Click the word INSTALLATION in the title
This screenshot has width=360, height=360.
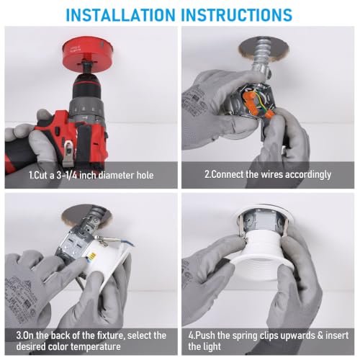121,15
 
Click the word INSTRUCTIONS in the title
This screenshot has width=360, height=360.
237,15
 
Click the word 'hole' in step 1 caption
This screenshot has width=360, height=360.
145,175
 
